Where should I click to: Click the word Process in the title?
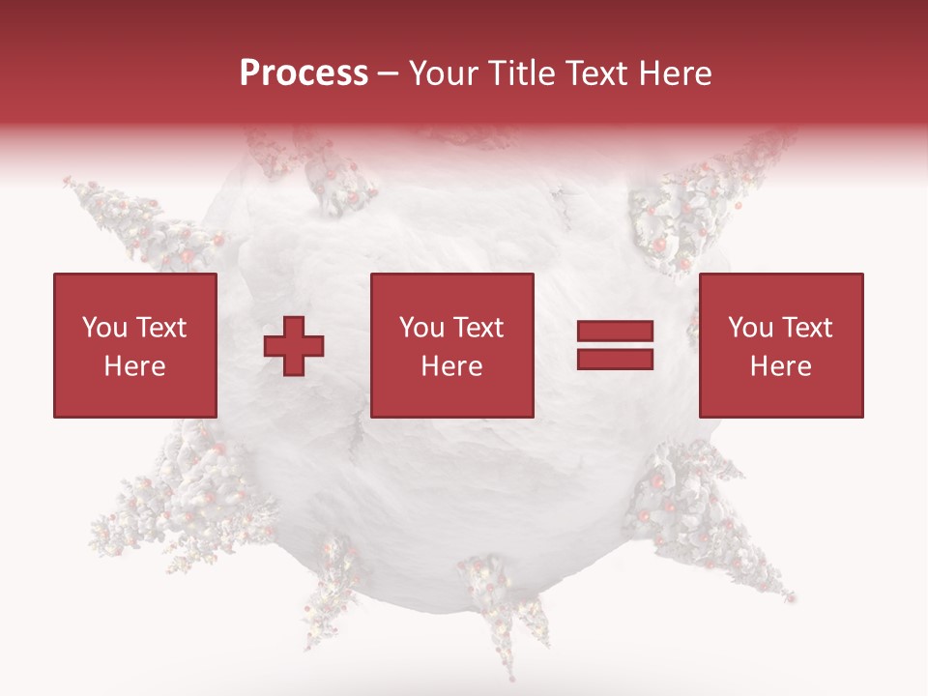tap(304, 73)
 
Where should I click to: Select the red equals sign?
tap(615, 345)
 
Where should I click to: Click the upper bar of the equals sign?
tap(615, 332)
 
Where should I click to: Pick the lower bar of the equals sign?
tap(615, 359)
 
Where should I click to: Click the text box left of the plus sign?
tap(134, 345)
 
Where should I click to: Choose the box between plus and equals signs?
tap(451, 345)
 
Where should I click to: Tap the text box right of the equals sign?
tap(780, 345)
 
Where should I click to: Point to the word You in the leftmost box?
tap(104, 328)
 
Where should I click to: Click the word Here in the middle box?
tap(451, 366)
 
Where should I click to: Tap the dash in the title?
tap(389, 74)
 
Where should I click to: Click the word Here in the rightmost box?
tap(780, 366)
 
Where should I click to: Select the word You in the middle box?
tap(421, 328)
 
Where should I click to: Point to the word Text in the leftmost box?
tap(160, 328)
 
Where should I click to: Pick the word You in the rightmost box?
tap(750, 328)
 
